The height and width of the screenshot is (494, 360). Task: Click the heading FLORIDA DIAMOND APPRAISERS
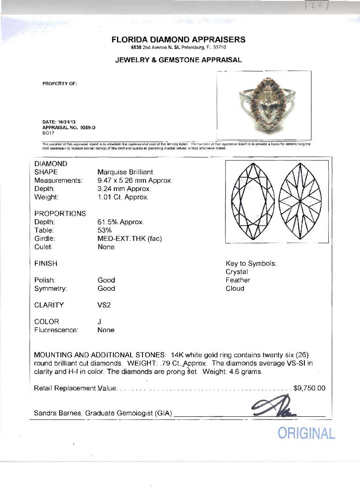point(178,40)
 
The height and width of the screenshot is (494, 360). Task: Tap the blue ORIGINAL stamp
point(306,433)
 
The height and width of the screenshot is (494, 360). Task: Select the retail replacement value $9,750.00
point(309,388)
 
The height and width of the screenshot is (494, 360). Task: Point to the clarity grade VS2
point(104,305)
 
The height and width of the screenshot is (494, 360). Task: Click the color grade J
point(100,322)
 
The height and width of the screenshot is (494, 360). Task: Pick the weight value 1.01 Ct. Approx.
point(123,197)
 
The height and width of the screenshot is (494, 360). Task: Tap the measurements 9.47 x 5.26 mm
point(134,180)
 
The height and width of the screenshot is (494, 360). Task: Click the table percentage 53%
point(105,230)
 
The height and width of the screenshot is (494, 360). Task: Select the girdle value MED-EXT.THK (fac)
point(130,239)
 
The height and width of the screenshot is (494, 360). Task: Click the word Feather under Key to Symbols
point(238,280)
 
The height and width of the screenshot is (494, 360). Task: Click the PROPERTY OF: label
point(60,84)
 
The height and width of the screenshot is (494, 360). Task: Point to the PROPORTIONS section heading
point(60,213)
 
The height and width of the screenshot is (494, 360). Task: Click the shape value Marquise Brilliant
point(125,172)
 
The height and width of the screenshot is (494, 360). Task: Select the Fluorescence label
point(56,330)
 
